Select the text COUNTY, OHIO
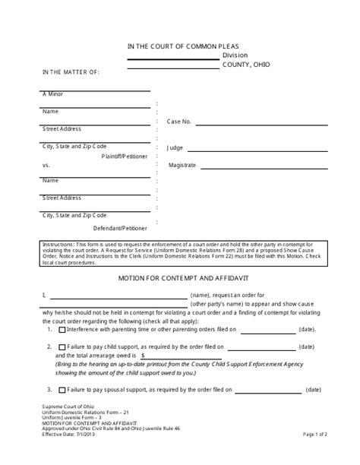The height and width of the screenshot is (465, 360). [246, 65]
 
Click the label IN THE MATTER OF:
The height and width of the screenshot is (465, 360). [71, 72]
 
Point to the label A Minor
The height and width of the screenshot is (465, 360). [52, 93]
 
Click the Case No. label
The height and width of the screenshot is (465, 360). [179, 121]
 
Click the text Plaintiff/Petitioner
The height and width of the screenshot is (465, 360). [125, 155]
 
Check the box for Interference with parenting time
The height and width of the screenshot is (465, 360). [62, 330]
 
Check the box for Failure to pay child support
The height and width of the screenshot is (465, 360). [62, 346]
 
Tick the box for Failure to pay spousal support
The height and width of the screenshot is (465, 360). [62, 390]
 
